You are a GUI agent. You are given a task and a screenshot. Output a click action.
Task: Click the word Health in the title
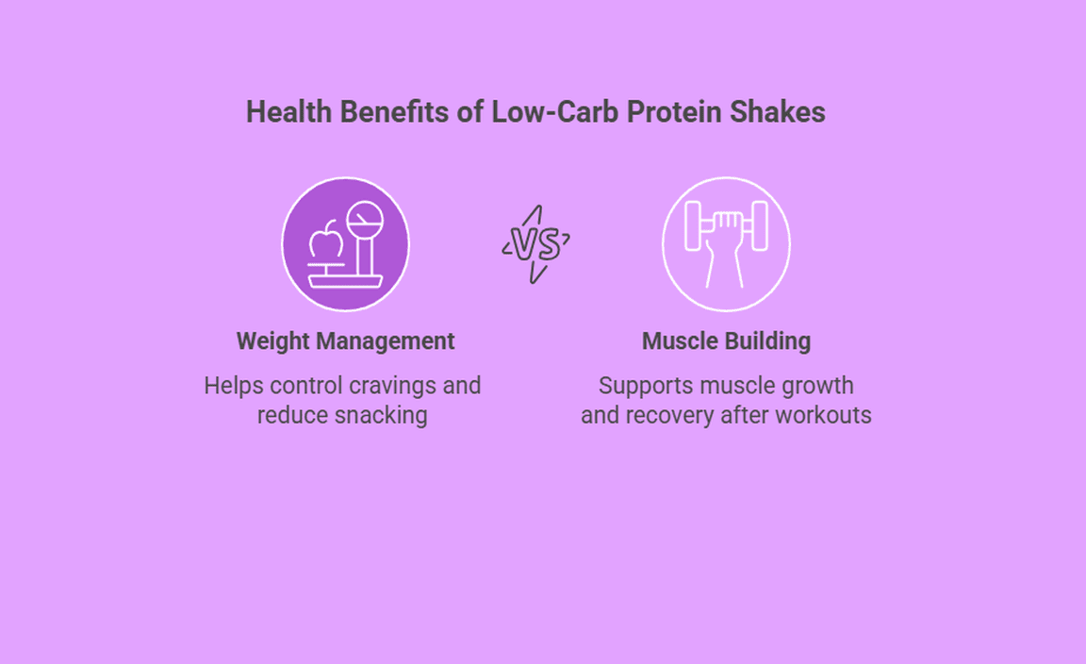(288, 111)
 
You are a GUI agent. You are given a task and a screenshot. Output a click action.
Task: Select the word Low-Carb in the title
(554, 111)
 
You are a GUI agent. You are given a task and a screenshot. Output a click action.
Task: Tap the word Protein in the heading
(673, 111)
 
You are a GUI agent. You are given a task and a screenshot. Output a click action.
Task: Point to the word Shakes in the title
(777, 111)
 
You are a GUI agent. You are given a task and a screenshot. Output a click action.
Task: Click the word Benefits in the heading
(394, 111)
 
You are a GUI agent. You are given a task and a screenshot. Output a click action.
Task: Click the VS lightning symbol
(536, 244)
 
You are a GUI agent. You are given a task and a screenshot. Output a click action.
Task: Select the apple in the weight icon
(325, 240)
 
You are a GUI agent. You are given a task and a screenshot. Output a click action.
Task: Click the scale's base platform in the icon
(345, 281)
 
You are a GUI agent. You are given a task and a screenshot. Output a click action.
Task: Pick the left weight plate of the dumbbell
(693, 225)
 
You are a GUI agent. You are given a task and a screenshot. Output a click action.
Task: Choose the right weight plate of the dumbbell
(760, 225)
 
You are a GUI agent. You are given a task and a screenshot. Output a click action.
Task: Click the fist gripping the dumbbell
(726, 230)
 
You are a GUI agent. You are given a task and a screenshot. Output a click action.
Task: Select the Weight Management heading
(346, 341)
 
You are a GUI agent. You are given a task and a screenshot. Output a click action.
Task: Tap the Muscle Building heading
(727, 341)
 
